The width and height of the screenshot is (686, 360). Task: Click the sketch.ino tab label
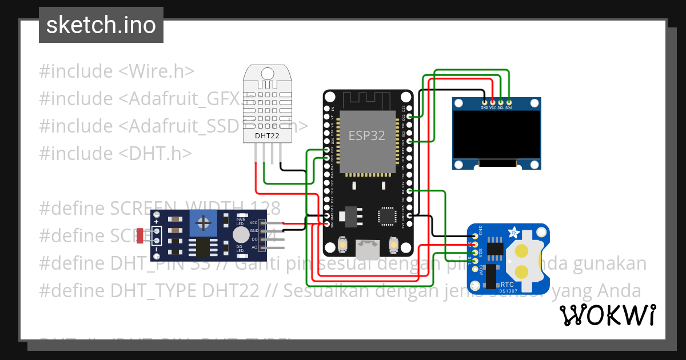101,25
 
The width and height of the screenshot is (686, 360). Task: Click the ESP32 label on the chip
366,135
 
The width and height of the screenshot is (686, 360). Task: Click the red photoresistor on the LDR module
140,234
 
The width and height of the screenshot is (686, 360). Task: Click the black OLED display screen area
496,135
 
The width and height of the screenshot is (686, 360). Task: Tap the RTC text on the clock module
506,283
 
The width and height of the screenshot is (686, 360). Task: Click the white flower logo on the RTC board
513,233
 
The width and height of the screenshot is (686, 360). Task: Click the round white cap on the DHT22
267,73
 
